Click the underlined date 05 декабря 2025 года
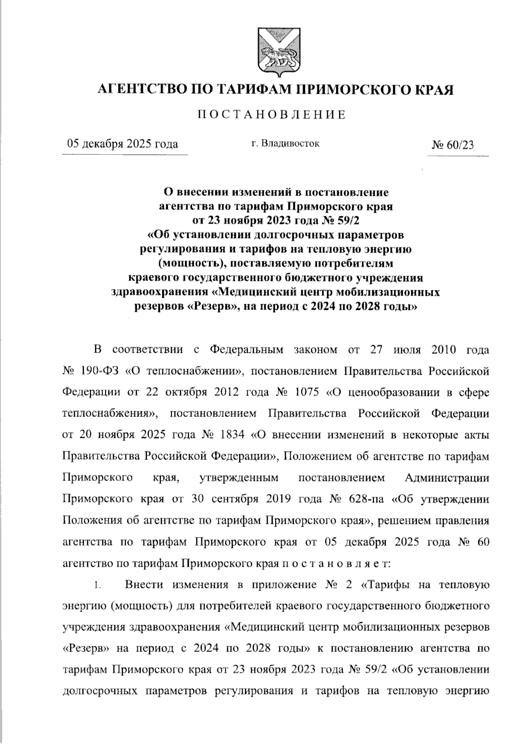click(122, 144)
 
